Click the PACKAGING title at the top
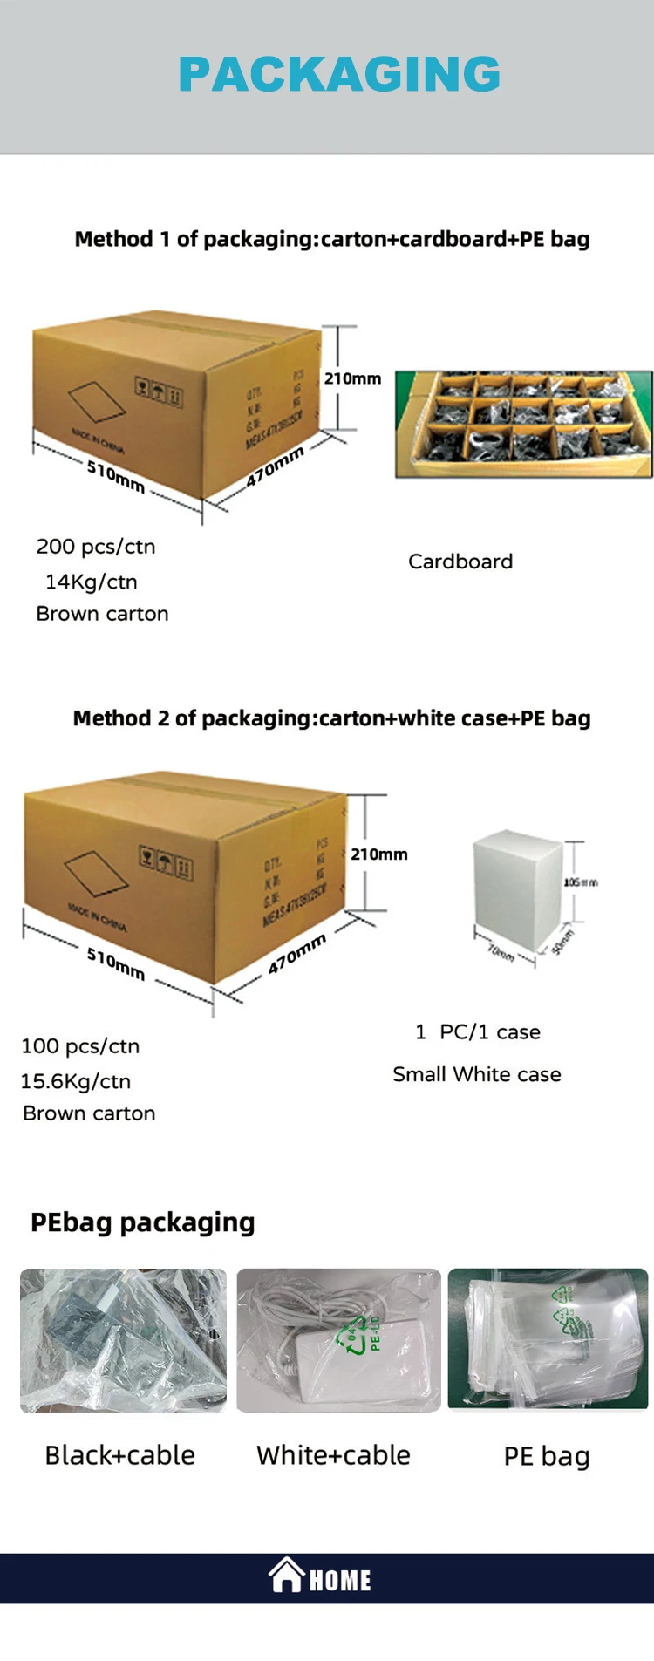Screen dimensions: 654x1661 [x=339, y=74]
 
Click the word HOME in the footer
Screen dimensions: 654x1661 [x=340, y=1580]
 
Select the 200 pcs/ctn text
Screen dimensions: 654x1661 [x=96, y=547]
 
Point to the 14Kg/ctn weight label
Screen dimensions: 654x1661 [x=92, y=582]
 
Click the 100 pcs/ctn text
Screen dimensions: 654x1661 [x=80, y=1046]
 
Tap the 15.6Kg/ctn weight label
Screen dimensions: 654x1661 [x=76, y=1081]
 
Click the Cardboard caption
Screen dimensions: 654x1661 [x=460, y=562]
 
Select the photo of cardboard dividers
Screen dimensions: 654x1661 [x=523, y=425]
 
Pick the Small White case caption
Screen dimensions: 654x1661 [x=477, y=1074]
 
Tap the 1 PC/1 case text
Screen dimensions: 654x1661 [x=478, y=1032]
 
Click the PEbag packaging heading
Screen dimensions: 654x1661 [x=143, y=1222]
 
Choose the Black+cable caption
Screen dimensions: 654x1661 [x=120, y=1455]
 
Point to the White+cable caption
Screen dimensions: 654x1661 [x=333, y=1455]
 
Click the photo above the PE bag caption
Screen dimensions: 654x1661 [x=548, y=1338]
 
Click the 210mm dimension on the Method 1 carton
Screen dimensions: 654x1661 [x=352, y=378]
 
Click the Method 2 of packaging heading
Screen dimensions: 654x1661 [x=331, y=718]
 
